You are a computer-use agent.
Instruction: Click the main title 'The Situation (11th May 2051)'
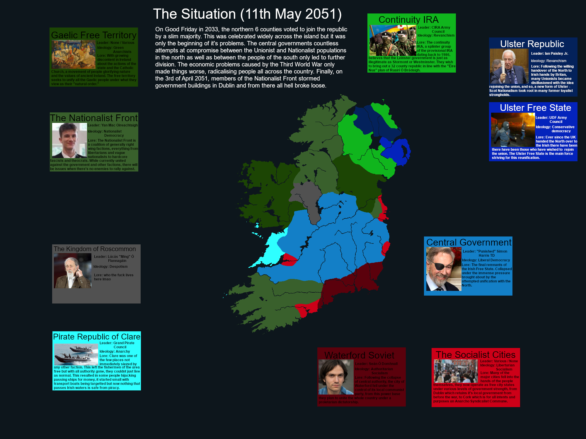click(247, 14)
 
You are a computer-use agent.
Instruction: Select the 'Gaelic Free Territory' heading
click(94, 35)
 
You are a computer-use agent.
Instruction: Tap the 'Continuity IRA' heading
click(408, 20)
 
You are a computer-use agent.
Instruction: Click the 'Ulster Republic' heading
click(532, 44)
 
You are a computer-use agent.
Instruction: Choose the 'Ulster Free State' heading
click(535, 108)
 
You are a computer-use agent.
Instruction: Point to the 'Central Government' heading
click(469, 242)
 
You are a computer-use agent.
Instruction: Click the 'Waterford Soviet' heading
click(359, 355)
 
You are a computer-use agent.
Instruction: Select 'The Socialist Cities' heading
click(475, 355)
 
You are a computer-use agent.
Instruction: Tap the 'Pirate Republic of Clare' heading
click(97, 337)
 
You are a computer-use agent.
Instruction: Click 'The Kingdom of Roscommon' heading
click(95, 249)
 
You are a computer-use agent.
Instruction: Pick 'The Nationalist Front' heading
click(94, 118)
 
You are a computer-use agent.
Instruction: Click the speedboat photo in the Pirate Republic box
click(76, 354)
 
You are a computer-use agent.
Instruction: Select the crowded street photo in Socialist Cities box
click(456, 371)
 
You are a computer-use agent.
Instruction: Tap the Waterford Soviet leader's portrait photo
click(336, 377)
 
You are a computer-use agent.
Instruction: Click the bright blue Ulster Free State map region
click(396, 149)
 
